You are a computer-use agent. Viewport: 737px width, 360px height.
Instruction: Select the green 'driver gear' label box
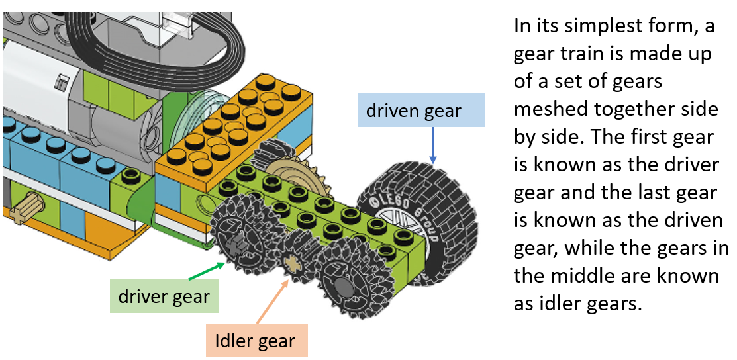[164, 297]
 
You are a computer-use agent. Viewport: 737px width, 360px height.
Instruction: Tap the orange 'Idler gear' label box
[255, 341]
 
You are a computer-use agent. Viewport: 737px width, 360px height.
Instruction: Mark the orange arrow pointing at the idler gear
[273, 301]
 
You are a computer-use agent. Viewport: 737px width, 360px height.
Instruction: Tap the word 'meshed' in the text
[552, 111]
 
